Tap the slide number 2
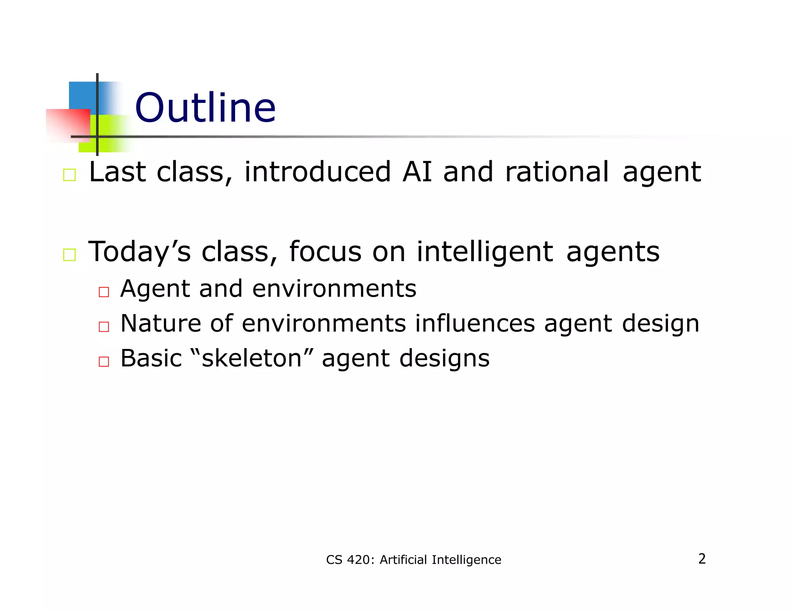702,559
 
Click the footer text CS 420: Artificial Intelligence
413,560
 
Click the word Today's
139,252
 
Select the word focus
325,252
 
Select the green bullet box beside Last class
69,175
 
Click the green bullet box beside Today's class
69,255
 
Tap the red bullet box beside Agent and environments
104,292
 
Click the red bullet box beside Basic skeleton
104,362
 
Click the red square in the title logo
68,125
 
